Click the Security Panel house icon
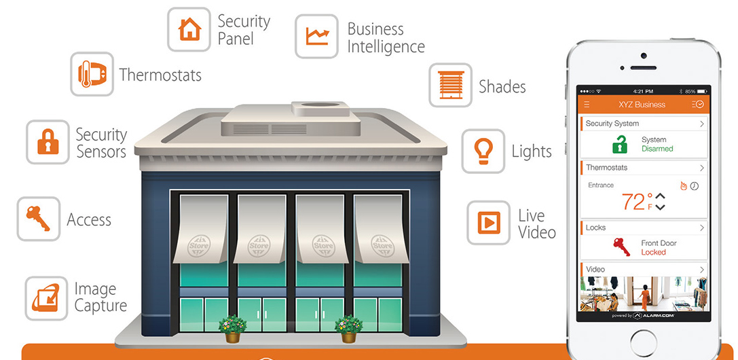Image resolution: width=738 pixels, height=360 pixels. (189, 29)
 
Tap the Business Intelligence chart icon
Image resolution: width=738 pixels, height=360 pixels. (316, 36)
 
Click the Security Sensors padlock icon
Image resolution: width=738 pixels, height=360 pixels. (48, 142)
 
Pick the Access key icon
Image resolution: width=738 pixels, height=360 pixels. (38, 219)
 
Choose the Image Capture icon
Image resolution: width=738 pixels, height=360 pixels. (46, 298)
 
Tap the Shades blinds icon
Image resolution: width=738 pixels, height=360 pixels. (450, 86)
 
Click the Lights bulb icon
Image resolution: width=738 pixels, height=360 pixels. (483, 151)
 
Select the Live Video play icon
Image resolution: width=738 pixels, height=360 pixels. (488, 222)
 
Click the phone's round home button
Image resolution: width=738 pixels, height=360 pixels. (643, 340)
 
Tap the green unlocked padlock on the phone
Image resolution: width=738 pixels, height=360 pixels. (620, 144)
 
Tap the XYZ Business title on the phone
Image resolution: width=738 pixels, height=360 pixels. (642, 105)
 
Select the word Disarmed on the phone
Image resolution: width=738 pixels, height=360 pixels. (657, 149)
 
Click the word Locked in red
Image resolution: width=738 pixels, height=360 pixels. (653, 252)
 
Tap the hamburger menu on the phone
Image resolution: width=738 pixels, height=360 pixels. (587, 105)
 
